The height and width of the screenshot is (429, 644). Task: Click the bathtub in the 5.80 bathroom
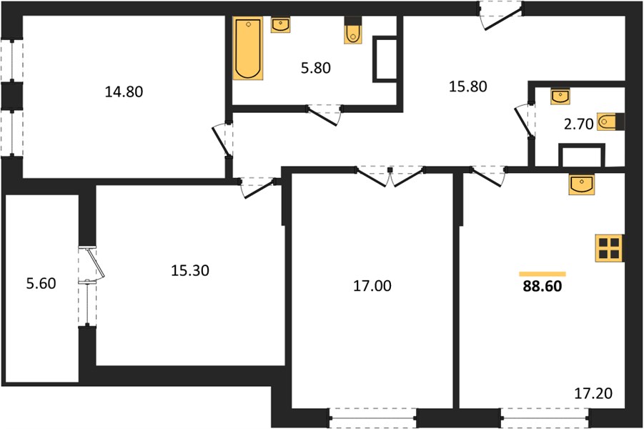pyautogui.click(x=247, y=48)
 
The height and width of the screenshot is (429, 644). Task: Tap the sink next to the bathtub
pyautogui.click(x=280, y=24)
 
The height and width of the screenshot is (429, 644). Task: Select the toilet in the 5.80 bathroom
pyautogui.click(x=353, y=30)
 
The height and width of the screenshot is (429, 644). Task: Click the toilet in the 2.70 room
pyautogui.click(x=610, y=122)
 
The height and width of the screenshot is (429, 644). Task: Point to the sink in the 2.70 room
pyautogui.click(x=560, y=96)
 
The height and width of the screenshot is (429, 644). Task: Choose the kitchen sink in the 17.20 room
pyautogui.click(x=581, y=183)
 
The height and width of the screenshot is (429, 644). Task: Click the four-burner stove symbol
pyautogui.click(x=609, y=248)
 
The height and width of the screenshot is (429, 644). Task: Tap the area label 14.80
pyautogui.click(x=124, y=92)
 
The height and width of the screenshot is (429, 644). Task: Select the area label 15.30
pyautogui.click(x=190, y=270)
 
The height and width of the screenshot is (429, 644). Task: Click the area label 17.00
pyautogui.click(x=372, y=285)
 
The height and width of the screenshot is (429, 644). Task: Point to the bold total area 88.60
pyautogui.click(x=542, y=287)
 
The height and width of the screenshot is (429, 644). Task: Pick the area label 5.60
pyautogui.click(x=41, y=284)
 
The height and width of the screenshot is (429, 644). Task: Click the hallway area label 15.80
pyautogui.click(x=468, y=87)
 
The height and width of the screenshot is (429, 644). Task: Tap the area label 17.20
pyautogui.click(x=593, y=393)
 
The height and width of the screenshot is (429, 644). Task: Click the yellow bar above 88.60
pyautogui.click(x=542, y=274)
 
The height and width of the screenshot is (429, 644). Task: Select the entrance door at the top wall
pyautogui.click(x=501, y=15)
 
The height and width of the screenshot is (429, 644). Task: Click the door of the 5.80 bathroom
pyautogui.click(x=325, y=114)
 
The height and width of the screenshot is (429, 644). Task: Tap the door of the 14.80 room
pyautogui.click(x=223, y=139)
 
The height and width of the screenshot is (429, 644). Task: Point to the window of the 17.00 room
pyautogui.click(x=373, y=418)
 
